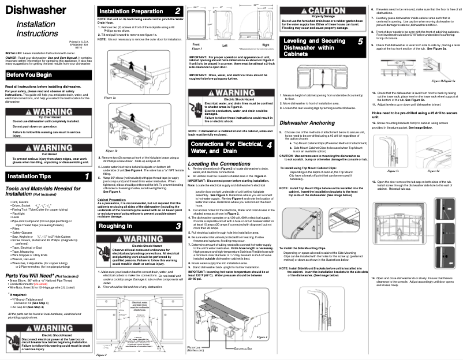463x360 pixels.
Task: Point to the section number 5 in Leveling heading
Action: pos(360,42)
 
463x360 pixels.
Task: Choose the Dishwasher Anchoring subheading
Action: pos(308,122)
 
